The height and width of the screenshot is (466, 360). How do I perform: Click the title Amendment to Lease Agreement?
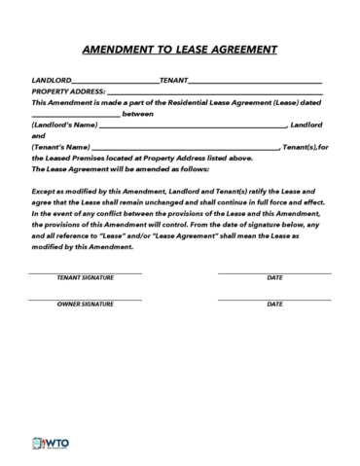pyautogui.click(x=180, y=49)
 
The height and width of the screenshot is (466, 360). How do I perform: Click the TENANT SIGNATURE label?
pyautogui.click(x=86, y=277)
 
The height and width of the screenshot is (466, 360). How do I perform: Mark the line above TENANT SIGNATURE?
pyautogui.click(x=86, y=271)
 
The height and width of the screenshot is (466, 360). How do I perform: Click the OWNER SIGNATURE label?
pyautogui.click(x=86, y=304)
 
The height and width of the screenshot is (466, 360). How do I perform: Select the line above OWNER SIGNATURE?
pyautogui.click(x=86, y=298)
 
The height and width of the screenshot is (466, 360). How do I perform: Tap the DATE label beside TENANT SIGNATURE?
pyautogui.click(x=274, y=277)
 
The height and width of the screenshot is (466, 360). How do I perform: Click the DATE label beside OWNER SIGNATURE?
pyautogui.click(x=274, y=304)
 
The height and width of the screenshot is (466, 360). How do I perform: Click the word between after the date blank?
pyautogui.click(x=138, y=113)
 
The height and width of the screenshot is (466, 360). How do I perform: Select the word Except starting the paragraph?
pyautogui.click(x=45, y=193)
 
